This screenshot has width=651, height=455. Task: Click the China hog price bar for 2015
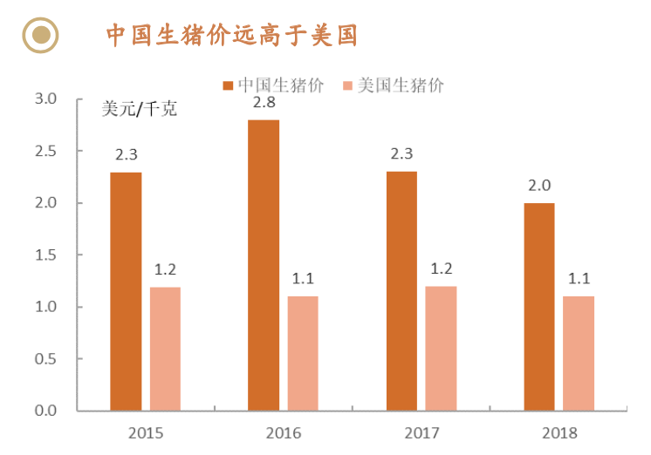[126, 291]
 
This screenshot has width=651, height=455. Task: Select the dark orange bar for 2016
[264, 265]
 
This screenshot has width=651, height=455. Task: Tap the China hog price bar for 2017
[401, 291]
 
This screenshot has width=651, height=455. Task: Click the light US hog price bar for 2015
[165, 349]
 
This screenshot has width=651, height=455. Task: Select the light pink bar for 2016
[303, 353]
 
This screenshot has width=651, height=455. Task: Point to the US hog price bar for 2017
[441, 349]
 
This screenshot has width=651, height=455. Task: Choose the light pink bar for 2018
[578, 353]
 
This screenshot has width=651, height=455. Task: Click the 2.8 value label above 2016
[264, 104]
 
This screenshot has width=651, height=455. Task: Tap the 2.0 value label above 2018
[538, 187]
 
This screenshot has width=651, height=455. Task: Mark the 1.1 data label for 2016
[303, 280]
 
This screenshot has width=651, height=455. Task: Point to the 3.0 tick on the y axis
[45, 99]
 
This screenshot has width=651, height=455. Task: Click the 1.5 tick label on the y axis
[45, 255]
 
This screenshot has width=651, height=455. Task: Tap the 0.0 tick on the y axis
[45, 411]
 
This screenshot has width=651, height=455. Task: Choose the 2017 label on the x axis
[421, 432]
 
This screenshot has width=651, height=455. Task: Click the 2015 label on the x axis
[146, 432]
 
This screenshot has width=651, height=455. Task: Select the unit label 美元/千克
[140, 110]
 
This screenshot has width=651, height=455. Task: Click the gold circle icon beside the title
[39, 36]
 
